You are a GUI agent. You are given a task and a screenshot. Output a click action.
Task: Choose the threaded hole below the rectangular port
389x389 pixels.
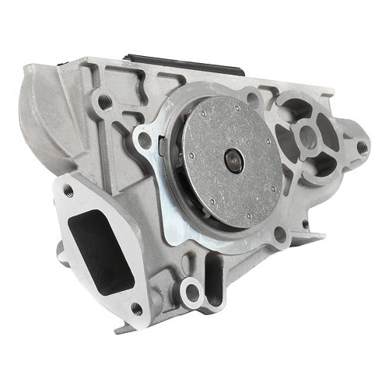tap(136, 309)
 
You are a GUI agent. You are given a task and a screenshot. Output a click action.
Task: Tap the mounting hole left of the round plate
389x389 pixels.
tap(142, 142)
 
